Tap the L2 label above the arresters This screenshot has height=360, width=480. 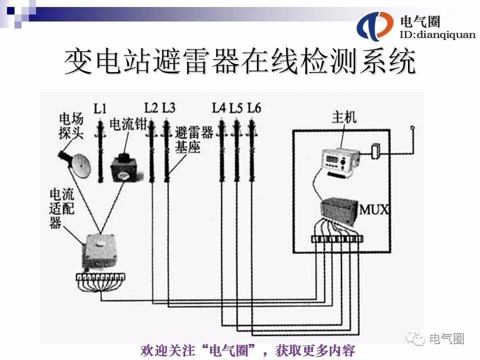(x=151, y=107)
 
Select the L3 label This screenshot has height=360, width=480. (x=169, y=107)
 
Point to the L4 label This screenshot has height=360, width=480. (x=219, y=107)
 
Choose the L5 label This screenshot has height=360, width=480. (x=236, y=107)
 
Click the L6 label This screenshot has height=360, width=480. (x=254, y=107)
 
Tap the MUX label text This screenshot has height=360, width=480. (x=374, y=208)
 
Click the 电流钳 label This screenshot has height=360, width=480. (x=127, y=124)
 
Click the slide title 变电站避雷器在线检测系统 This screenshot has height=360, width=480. (x=240, y=62)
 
